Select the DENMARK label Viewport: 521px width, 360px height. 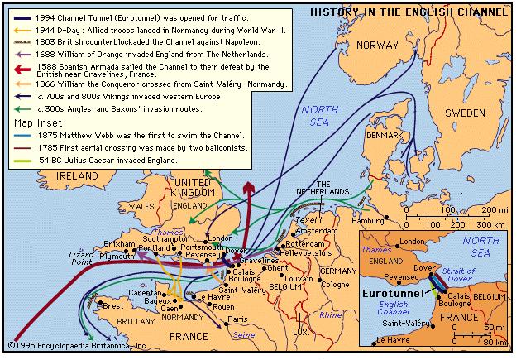385,135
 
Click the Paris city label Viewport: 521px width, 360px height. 237,319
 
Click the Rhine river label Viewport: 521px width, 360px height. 331,315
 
